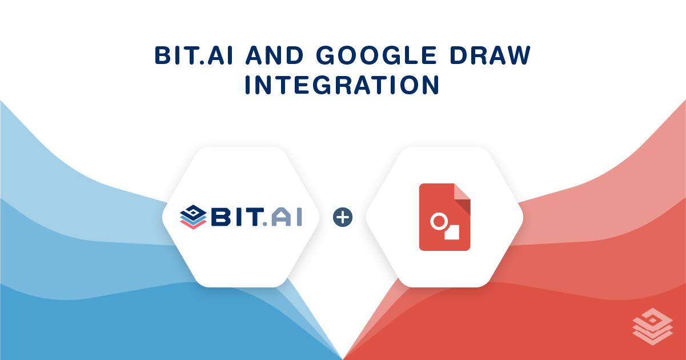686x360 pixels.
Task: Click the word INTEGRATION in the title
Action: coord(342,85)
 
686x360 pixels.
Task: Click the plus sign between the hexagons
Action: coord(343,217)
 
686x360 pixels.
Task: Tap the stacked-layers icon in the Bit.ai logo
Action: coord(192,217)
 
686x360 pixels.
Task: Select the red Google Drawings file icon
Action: coord(444,217)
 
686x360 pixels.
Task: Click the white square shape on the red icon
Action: coord(452,231)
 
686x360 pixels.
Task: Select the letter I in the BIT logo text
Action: coord(240,218)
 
